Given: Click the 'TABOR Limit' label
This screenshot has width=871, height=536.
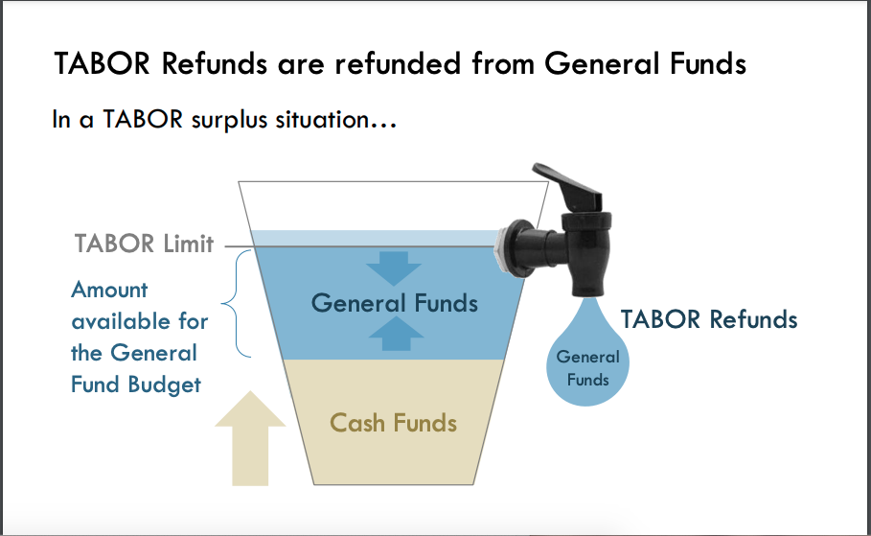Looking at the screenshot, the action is pos(144,244).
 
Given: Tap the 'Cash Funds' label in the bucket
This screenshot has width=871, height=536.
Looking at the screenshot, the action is pos(393,423).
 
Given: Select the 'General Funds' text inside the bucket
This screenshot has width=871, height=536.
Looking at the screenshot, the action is pos(395,303).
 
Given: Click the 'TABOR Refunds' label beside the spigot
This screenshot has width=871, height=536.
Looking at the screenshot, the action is pos(709,319).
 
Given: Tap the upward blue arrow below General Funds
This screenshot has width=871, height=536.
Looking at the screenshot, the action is pos(396,334).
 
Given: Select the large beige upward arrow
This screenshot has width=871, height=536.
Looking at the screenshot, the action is pos(250,439).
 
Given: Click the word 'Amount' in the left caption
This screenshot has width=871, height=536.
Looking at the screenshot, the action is pos(109,290).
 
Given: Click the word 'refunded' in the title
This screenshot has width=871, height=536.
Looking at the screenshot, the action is pos(398,63).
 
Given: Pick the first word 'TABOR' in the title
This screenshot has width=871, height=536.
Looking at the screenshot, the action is pos(103,63).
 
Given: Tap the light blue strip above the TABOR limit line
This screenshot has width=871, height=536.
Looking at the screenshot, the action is pos(374,238).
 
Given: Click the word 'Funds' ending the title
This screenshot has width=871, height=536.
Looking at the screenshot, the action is pos(708,63).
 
